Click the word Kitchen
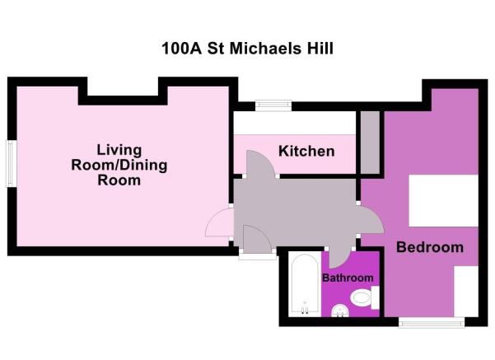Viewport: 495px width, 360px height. point(306,152)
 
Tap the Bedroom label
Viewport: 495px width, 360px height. point(430,247)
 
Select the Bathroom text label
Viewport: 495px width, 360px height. point(348,278)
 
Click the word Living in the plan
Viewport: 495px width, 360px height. point(119,150)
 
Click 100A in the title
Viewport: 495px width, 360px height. point(180,48)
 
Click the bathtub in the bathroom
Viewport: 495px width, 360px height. point(304,285)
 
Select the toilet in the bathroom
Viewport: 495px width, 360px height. point(361,297)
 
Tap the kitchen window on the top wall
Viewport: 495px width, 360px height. point(269,105)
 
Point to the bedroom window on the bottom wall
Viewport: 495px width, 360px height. point(426,322)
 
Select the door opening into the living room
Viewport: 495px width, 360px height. point(219,222)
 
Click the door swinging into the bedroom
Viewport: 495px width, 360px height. point(370,218)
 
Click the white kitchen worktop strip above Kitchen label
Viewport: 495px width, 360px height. point(294,123)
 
